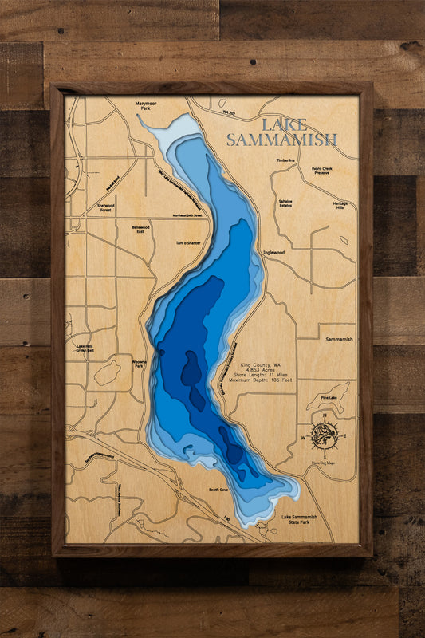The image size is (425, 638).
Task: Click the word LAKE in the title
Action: coord(282,124)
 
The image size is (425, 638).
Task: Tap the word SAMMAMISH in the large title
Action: coord(281,140)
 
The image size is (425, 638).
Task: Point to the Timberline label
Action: coord(285,160)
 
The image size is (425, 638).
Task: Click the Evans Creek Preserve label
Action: coord(327,171)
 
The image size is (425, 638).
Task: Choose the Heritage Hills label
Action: coord(340,205)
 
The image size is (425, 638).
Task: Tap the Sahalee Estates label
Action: coord(285,204)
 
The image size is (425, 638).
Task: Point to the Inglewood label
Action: coord(274,253)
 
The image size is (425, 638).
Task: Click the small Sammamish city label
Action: coord(339,339)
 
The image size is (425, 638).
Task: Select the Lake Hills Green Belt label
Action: coord(86,348)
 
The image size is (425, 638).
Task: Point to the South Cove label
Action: coord(218,490)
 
